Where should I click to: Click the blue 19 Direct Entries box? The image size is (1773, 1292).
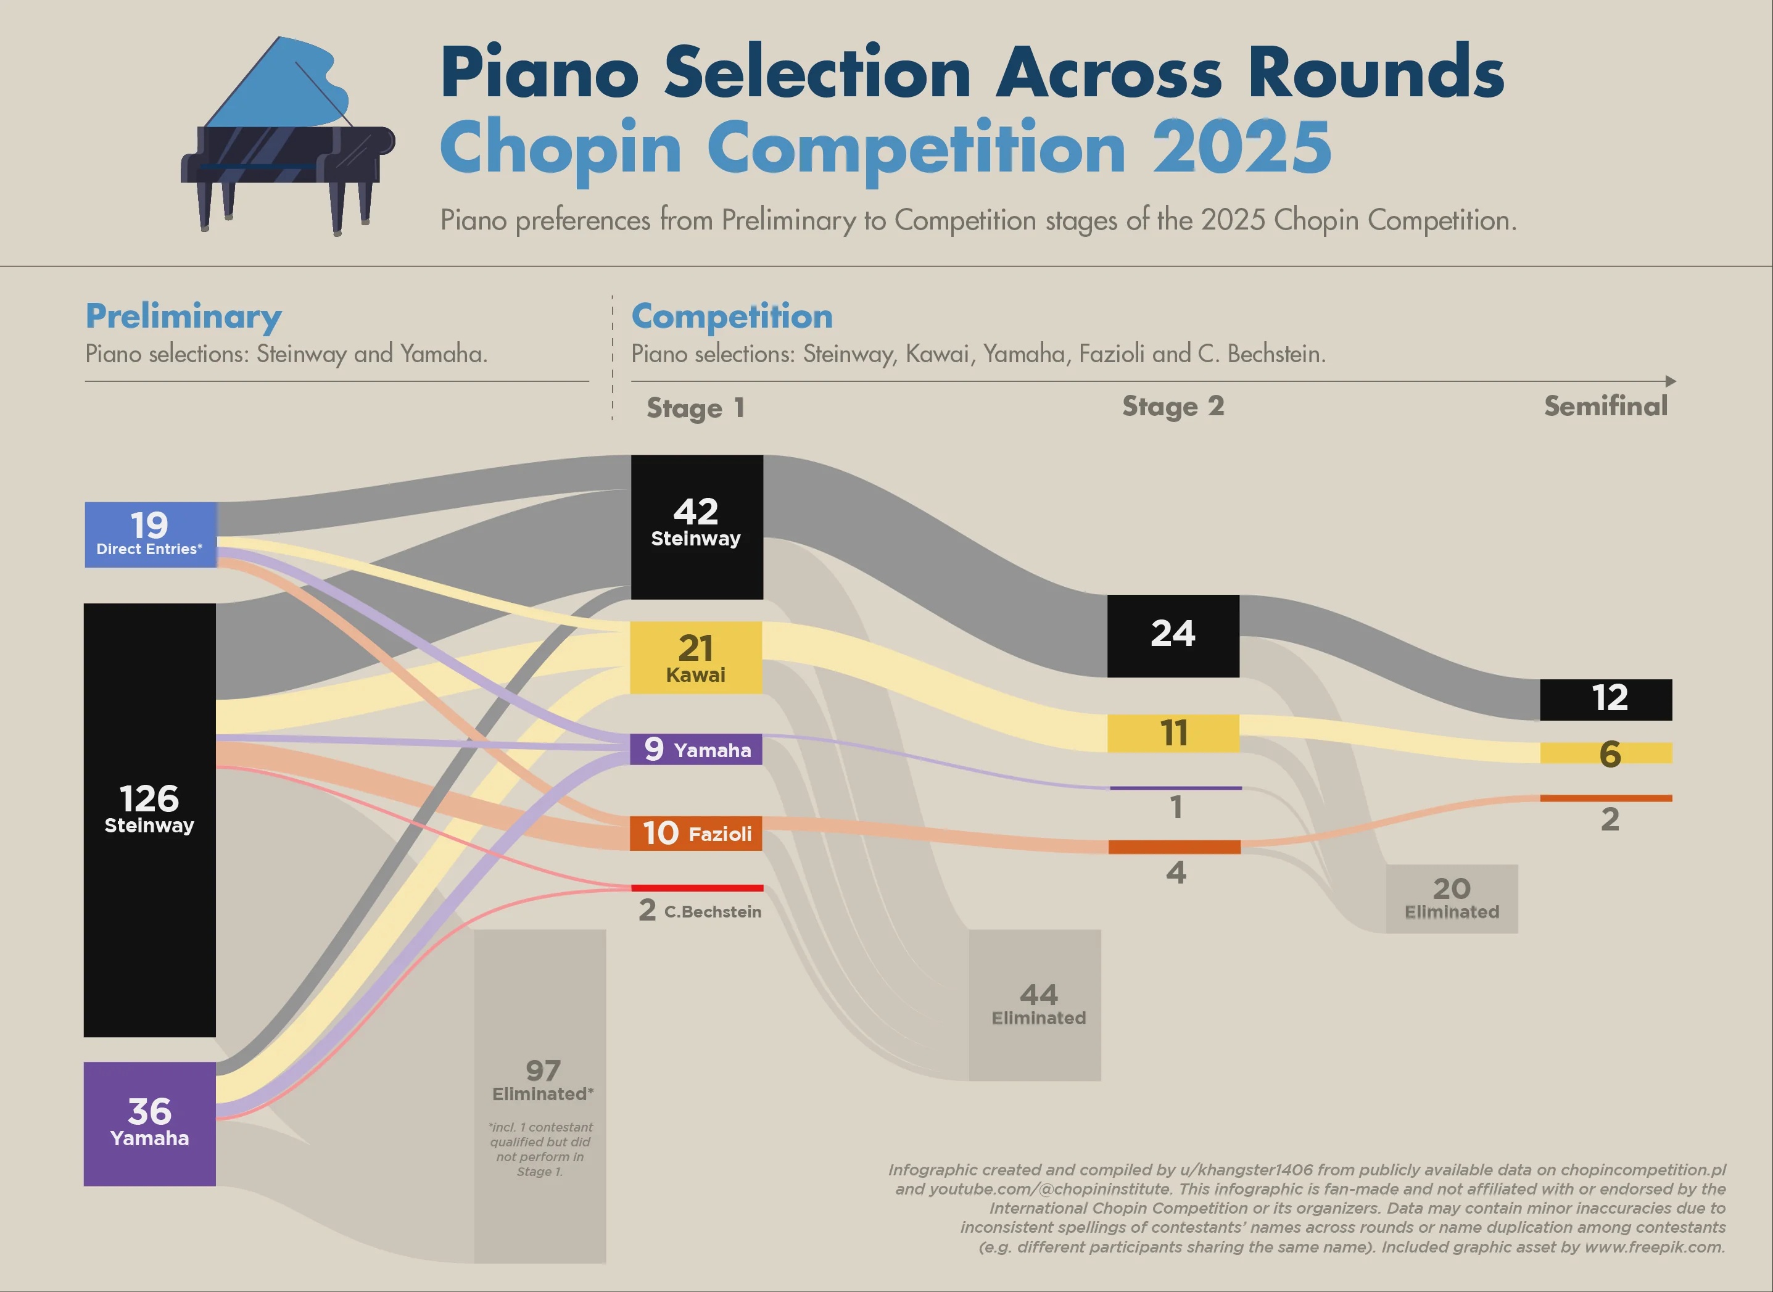(x=150, y=535)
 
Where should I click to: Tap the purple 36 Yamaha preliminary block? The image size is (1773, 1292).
(x=149, y=1123)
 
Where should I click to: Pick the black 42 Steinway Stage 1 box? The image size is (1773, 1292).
(x=696, y=527)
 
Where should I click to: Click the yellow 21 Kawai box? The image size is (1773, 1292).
(x=696, y=657)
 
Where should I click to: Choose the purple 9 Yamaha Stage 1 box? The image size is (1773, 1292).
(x=696, y=749)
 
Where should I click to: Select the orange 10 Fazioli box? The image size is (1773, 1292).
(x=696, y=833)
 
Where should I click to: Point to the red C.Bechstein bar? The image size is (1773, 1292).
(x=697, y=888)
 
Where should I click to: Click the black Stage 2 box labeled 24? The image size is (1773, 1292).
(x=1173, y=636)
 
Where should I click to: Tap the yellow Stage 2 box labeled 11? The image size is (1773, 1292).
(x=1173, y=733)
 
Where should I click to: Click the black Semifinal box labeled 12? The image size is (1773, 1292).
(x=1606, y=699)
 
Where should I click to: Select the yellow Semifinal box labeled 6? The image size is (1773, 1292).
(x=1606, y=752)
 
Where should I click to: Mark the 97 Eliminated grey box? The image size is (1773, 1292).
(x=539, y=1096)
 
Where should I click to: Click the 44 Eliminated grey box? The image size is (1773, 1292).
(x=1035, y=1005)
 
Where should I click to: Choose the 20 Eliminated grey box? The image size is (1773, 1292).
(x=1452, y=898)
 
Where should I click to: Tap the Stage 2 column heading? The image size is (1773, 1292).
(x=1173, y=407)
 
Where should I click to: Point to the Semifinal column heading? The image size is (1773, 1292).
(x=1606, y=406)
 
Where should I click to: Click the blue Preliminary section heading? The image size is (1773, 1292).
(x=184, y=317)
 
